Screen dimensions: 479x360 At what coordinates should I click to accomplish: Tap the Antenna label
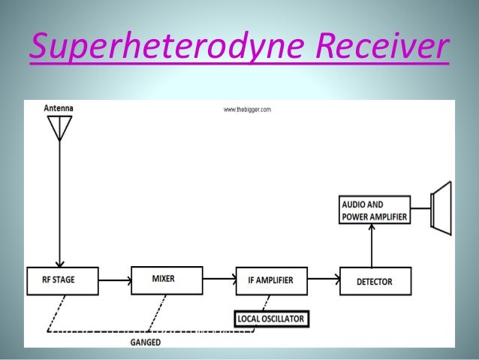59,108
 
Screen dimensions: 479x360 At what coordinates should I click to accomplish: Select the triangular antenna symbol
58,130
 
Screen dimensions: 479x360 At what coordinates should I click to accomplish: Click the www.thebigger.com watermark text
246,110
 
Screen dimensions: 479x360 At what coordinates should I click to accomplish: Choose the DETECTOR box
375,282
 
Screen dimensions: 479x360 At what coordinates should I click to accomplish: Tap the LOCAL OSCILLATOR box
270,319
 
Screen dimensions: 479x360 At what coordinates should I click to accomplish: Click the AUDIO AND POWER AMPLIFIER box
375,210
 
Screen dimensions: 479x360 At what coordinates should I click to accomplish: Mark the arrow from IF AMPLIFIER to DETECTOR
322,281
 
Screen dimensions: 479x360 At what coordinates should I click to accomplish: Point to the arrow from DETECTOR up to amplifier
375,245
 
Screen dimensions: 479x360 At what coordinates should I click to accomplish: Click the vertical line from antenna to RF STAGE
58,203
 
